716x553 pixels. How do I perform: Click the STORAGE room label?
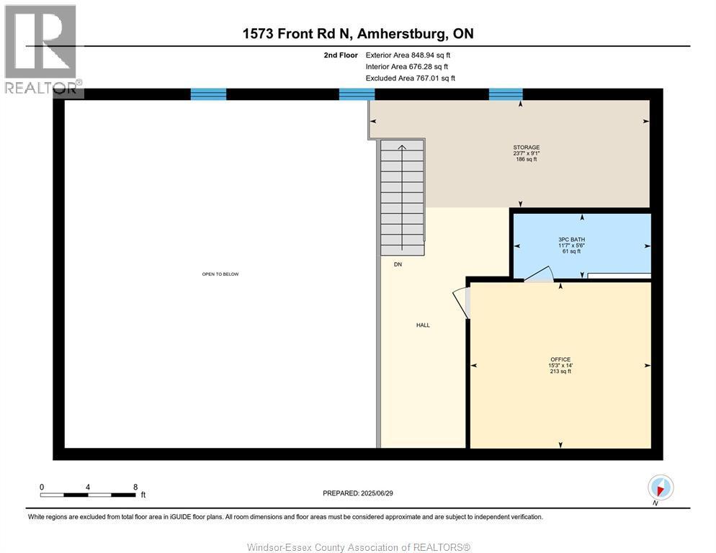526,148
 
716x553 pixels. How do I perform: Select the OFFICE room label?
560,359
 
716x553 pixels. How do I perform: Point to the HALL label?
423,325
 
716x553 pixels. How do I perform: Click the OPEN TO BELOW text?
220,274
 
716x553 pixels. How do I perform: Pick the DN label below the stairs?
398,264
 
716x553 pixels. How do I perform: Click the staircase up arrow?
402,149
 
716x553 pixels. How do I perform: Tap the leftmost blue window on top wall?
208,94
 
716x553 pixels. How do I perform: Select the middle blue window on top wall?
357,94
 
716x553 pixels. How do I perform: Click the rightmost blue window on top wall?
506,94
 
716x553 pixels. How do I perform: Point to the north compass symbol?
660,487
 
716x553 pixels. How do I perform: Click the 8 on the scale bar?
135,487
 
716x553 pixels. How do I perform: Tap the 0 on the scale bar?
42,487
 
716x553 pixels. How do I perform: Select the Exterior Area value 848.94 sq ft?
429,55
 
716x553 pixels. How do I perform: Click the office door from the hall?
460,301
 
